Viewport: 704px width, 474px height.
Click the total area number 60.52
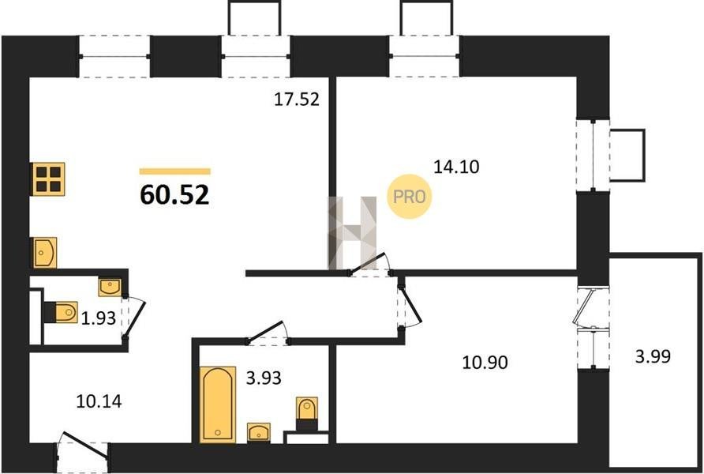(174, 195)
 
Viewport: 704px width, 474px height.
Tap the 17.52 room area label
(297, 100)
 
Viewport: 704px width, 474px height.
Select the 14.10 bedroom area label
(456, 167)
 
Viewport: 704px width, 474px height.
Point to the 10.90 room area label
(485, 362)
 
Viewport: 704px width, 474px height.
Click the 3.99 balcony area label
(653, 356)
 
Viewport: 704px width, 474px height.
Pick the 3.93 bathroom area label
(264, 378)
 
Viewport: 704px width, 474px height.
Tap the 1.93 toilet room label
(99, 318)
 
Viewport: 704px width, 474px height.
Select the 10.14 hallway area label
(99, 401)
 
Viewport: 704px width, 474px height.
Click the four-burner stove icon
(48, 179)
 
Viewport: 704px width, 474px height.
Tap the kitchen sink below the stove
(44, 253)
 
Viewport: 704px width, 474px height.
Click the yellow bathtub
(218, 404)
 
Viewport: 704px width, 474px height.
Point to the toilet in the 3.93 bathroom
(307, 413)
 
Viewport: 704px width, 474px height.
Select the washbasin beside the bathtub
(259, 432)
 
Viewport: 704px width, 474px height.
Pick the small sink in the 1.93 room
(110, 288)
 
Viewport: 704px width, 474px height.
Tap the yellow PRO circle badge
(409, 197)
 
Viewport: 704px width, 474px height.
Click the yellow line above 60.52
(174, 171)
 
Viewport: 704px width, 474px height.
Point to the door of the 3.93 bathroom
(268, 333)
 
